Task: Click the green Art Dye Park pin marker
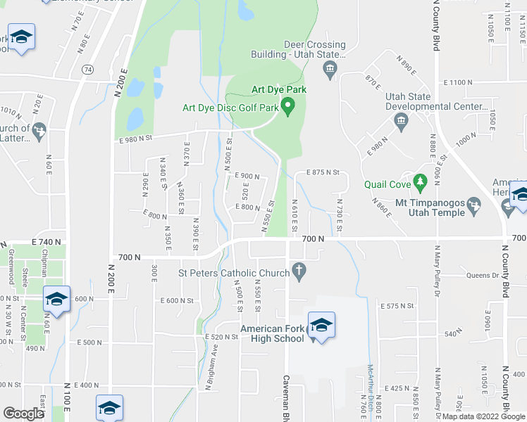(287, 106)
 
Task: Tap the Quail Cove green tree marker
(421, 183)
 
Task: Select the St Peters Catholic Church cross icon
(299, 271)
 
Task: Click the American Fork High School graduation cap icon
(321, 325)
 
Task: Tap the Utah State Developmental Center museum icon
(401, 122)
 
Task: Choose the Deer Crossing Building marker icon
(330, 69)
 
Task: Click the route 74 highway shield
(87, 70)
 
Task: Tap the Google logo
(23, 414)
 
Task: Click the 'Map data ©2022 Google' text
(483, 416)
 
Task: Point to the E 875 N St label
(318, 172)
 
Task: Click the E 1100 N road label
(459, 83)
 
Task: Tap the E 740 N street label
(48, 241)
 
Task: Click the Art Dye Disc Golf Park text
(230, 108)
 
